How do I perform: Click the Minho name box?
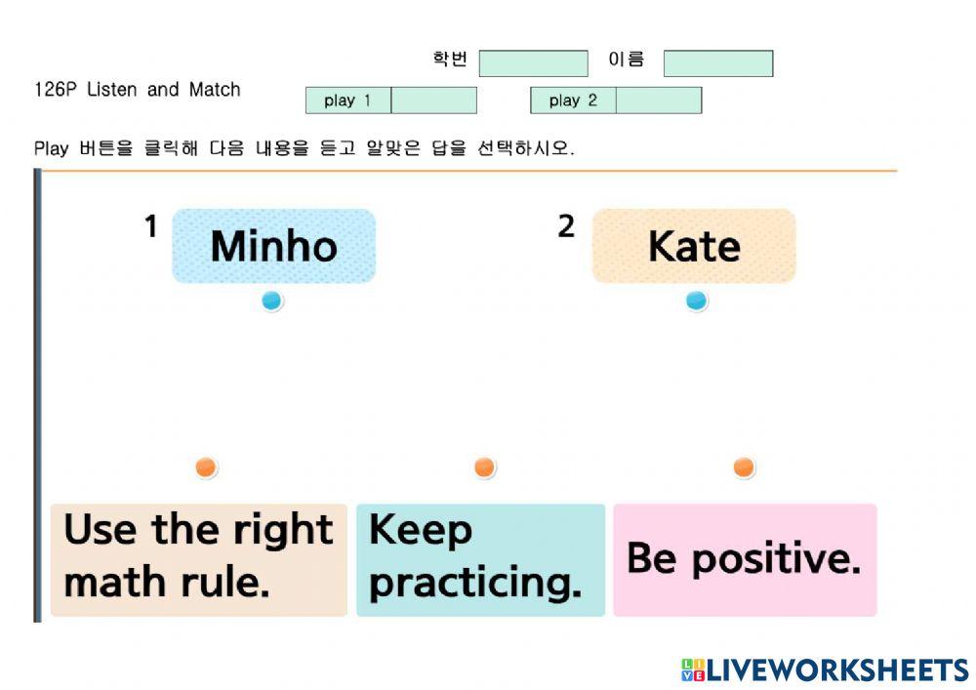click(274, 246)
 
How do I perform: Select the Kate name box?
click(694, 246)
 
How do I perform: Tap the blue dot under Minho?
click(271, 302)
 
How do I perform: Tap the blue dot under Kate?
click(696, 302)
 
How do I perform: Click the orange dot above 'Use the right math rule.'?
click(205, 467)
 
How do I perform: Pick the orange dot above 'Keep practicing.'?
click(484, 467)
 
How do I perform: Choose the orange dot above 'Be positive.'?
click(743, 467)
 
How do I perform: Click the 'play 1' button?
click(348, 101)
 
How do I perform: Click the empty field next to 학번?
click(534, 63)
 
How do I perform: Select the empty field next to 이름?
click(718, 63)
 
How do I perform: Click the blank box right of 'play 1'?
click(434, 101)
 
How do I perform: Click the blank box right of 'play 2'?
click(659, 101)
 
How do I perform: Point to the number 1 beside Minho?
click(150, 226)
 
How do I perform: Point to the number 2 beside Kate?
click(566, 226)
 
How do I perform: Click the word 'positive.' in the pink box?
click(777, 560)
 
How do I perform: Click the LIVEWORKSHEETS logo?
click(826, 670)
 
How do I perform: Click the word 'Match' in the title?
click(215, 90)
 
